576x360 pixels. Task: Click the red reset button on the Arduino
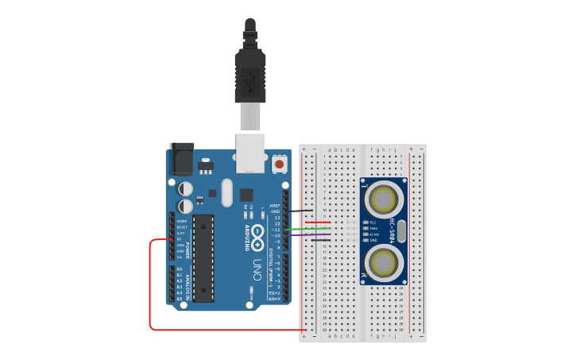(x=280, y=164)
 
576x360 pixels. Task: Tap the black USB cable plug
(x=249, y=75)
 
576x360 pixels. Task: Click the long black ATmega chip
(x=203, y=258)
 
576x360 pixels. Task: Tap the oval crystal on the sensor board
(x=402, y=231)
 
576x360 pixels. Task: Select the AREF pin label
(x=275, y=206)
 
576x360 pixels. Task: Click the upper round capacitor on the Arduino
(x=184, y=189)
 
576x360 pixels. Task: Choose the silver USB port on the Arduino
(x=251, y=153)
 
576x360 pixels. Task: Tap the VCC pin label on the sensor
(x=373, y=223)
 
